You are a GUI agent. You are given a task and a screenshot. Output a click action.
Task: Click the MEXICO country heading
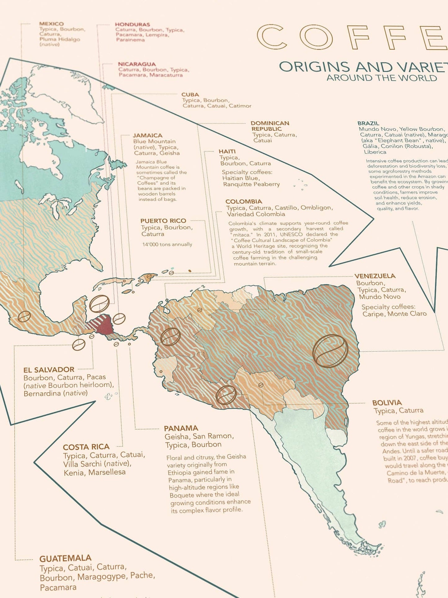[x=51, y=24]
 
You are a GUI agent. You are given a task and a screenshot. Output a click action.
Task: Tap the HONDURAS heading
[x=132, y=25]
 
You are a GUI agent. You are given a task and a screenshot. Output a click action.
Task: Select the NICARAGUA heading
[x=137, y=64]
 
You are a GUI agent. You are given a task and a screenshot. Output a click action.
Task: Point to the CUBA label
[x=190, y=95]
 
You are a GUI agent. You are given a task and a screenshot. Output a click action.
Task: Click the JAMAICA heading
[x=148, y=136]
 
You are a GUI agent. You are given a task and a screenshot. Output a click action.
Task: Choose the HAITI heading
[x=227, y=151]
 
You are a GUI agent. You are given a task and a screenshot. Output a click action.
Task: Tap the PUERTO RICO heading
[x=163, y=221]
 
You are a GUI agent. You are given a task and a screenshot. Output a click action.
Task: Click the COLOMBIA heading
[x=244, y=202]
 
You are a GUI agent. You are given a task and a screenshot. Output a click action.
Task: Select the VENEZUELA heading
[x=375, y=276]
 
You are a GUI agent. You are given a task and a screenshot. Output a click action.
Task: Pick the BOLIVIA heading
[x=387, y=403]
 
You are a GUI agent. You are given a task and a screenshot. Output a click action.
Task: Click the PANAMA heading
[x=181, y=429]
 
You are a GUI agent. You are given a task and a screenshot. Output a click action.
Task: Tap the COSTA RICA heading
[x=86, y=447]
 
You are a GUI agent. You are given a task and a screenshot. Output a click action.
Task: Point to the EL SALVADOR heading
[x=49, y=370]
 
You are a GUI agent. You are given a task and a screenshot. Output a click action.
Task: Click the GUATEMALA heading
[x=65, y=559]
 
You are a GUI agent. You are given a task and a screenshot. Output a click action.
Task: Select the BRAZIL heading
[x=368, y=123]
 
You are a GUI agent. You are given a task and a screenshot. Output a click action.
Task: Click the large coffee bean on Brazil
[x=330, y=351]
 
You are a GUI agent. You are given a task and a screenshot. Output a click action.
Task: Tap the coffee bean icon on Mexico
[x=24, y=317]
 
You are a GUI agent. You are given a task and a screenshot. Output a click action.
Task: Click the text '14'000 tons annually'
[x=167, y=245]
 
